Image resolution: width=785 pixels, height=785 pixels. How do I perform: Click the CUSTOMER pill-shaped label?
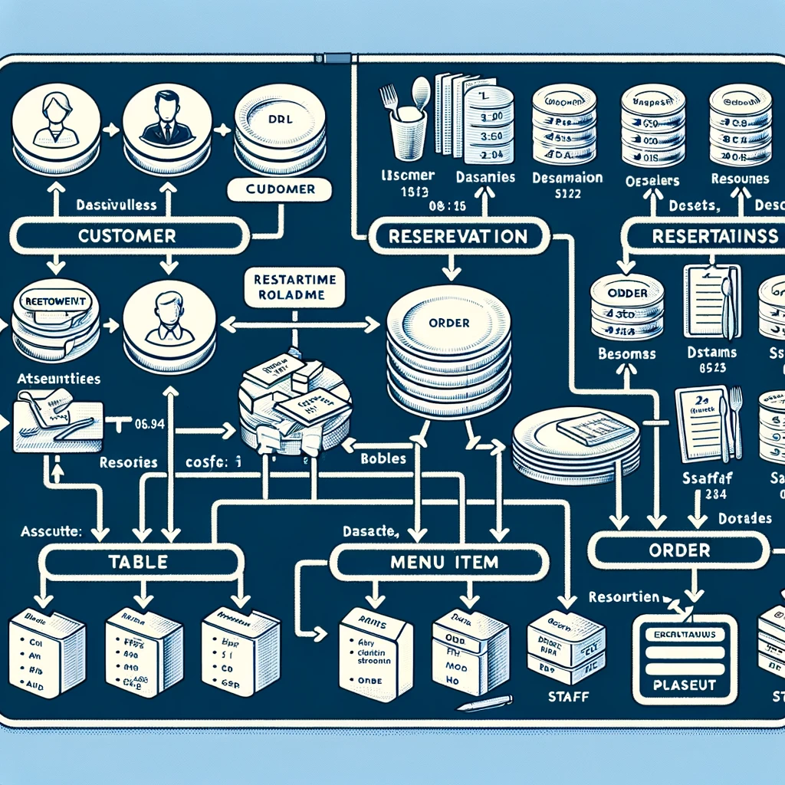coord(128,235)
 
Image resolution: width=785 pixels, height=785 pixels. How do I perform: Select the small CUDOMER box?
coord(279,189)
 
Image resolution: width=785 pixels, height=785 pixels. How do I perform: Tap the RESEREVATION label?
coord(458,236)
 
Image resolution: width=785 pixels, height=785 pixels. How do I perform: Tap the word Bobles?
coord(383,460)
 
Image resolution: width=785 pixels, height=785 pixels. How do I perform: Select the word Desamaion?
coord(567,178)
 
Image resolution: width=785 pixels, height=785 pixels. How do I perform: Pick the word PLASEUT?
coord(681,684)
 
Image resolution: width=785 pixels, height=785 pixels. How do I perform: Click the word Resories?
coord(128,462)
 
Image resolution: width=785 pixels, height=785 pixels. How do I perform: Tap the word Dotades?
coord(745,518)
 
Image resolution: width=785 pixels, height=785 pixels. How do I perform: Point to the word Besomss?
coord(626,354)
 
